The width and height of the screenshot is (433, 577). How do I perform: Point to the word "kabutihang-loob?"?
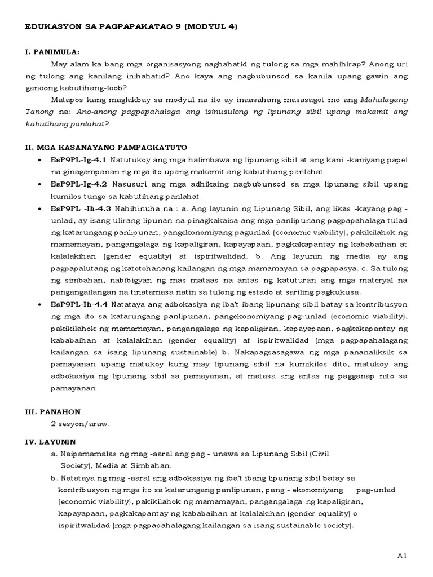[100, 87]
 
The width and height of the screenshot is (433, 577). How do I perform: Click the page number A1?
[401, 556]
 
